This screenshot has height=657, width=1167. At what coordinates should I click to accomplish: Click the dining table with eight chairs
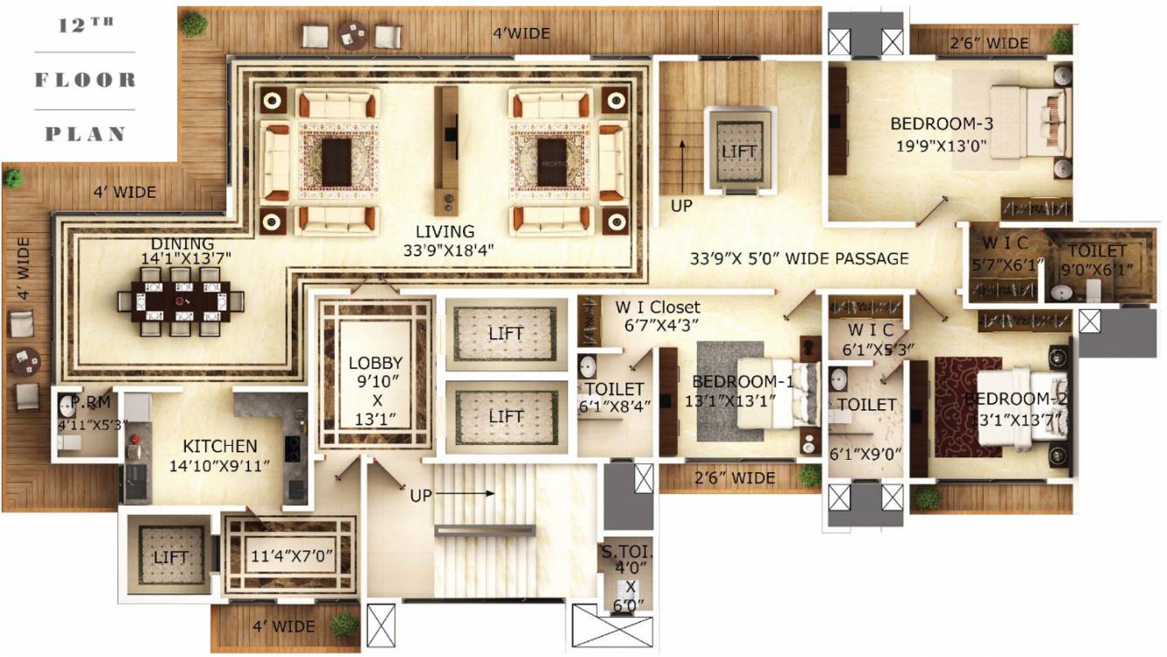point(181,302)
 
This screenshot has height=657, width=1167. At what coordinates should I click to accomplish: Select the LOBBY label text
point(375,363)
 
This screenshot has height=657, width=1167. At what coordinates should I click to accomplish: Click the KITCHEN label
point(219,446)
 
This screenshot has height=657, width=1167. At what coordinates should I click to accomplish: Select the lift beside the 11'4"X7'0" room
point(170,557)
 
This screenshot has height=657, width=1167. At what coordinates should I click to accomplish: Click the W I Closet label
point(658,307)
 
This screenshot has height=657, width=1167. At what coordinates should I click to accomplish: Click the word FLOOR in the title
point(86,80)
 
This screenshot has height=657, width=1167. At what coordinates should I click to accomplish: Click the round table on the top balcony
point(352,36)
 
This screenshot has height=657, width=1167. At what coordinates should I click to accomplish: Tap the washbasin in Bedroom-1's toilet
point(588,365)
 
